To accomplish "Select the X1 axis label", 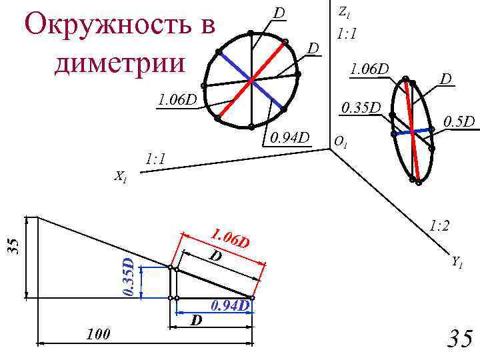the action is tap(121, 177).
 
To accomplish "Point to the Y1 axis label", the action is tap(457, 262).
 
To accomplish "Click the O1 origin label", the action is tap(340, 142).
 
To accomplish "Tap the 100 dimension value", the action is tap(99, 333).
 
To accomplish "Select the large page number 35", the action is tap(459, 339).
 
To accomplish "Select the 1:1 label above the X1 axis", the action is tap(155, 159).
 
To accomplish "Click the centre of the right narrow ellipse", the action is tap(413, 131).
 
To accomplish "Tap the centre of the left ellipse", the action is tap(251, 81).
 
